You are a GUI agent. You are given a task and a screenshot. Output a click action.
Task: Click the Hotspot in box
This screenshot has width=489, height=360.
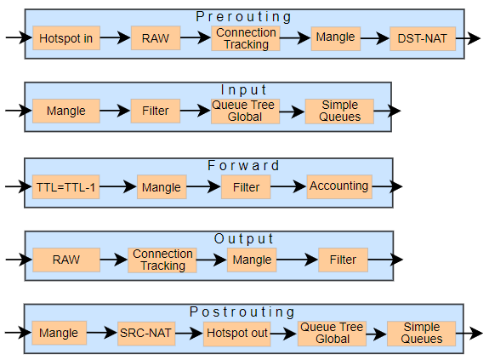(66, 38)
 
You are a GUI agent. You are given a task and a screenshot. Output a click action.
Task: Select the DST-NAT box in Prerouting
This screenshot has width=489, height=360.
(423, 38)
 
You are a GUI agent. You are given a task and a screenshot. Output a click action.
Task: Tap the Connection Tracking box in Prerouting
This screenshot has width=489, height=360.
(246, 38)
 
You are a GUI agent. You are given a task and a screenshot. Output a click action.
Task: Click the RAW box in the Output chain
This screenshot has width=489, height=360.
(66, 260)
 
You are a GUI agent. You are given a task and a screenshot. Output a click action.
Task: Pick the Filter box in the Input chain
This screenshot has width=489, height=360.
(156, 111)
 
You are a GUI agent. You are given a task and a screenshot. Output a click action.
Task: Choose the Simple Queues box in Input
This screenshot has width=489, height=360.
(339, 111)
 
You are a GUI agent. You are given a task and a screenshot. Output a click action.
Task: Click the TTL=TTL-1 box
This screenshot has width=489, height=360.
(65, 187)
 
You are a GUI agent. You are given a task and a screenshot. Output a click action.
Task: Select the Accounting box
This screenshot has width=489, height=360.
(339, 186)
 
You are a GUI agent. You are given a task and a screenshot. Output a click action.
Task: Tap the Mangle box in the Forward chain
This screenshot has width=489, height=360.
(162, 187)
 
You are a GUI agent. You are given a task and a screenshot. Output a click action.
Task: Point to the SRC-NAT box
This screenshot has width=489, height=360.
(146, 333)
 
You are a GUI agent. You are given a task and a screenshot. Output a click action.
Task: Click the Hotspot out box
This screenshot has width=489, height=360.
(237, 334)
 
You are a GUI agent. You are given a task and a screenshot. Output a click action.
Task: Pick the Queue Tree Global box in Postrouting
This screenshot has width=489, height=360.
(332, 333)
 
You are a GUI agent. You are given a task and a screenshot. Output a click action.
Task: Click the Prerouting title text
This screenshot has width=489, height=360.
(244, 17)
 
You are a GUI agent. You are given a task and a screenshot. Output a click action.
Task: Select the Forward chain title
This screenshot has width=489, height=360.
(243, 165)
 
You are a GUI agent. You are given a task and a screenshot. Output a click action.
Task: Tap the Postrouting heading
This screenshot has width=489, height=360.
(242, 312)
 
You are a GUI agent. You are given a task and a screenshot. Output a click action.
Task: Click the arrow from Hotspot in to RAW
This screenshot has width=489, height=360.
(115, 37)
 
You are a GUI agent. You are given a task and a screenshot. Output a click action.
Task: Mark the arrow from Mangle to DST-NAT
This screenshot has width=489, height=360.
(375, 38)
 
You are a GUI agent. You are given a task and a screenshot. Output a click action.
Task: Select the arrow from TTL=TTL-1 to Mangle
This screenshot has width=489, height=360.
(118, 186)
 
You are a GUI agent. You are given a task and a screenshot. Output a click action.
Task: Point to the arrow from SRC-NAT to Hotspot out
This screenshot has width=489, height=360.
(189, 333)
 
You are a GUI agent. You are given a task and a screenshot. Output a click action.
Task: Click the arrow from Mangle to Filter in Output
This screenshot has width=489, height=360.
(297, 260)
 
